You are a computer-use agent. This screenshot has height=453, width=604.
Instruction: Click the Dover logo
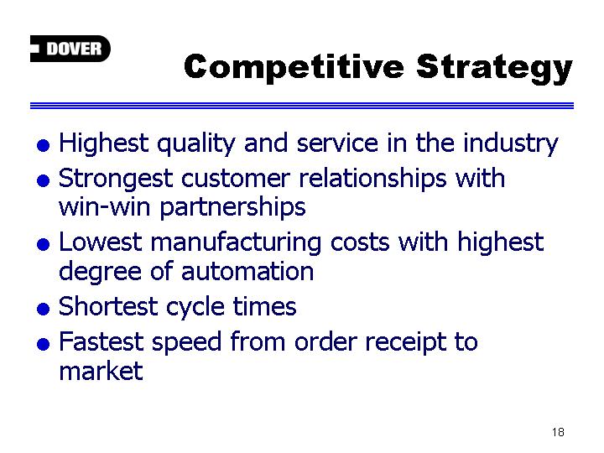coord(70,49)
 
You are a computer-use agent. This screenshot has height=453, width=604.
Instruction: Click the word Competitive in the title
coord(294,67)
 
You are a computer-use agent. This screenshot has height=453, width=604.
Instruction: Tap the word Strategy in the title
coord(495,69)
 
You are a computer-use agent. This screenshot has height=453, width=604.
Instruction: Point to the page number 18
coord(558,432)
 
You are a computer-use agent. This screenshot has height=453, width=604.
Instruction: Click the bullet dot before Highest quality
coord(43,146)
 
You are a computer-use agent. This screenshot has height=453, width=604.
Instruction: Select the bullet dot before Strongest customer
coord(43,180)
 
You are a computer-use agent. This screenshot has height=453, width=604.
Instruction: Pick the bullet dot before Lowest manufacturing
coord(43,244)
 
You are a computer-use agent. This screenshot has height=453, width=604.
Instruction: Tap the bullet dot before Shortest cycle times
coord(43,309)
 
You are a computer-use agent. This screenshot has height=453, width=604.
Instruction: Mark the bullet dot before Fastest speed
coord(43,343)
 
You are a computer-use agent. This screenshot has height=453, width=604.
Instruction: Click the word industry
coord(510,144)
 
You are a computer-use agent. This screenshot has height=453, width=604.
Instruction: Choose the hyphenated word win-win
coord(104,207)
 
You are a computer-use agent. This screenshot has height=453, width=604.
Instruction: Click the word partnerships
coord(232,208)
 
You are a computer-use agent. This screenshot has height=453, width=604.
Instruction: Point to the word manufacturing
coord(236,243)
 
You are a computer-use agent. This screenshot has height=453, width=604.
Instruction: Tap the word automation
coord(247,271)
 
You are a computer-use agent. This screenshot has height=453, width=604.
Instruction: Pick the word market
coord(101,371)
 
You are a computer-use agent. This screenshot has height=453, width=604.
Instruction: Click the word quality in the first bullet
coord(196,144)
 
